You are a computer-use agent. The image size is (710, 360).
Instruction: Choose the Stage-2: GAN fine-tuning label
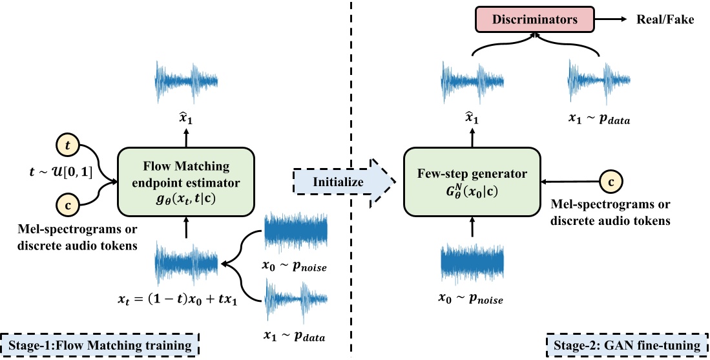coord(625,345)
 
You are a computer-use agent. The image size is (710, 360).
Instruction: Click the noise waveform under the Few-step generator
coord(472,262)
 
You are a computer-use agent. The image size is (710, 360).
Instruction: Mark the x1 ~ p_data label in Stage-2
coord(598,120)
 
